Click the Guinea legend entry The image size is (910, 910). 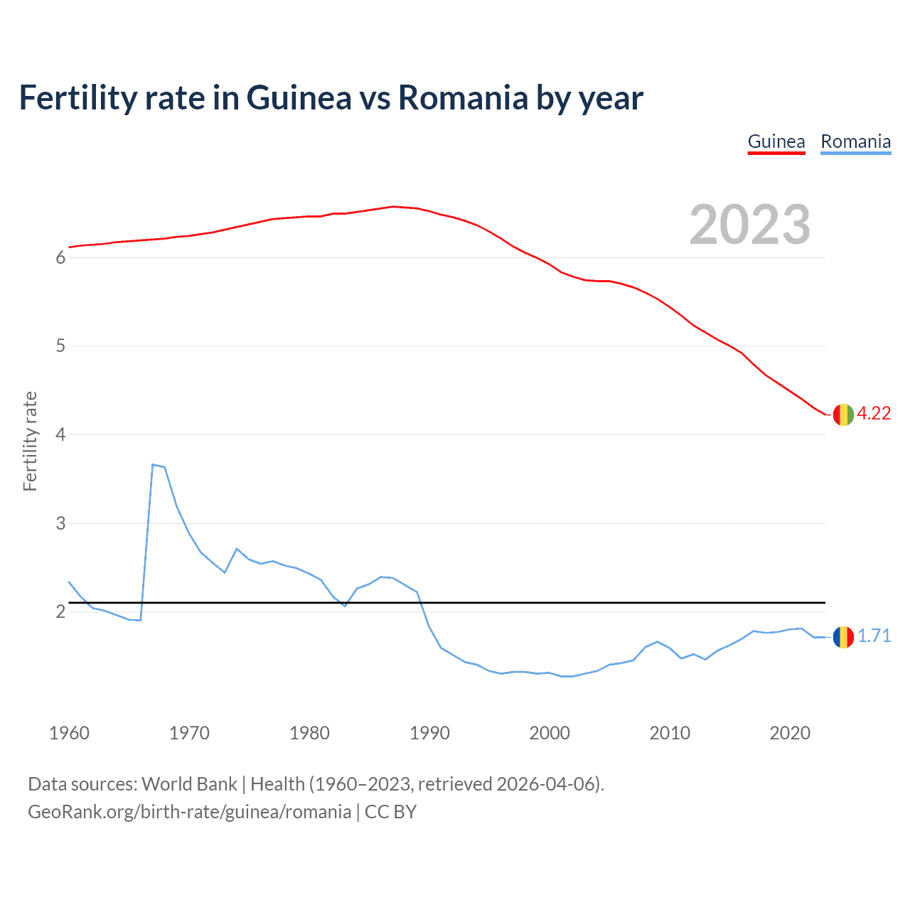776,142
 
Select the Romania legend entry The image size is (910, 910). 855,142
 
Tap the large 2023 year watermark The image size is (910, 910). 750,225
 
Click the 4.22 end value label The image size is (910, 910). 874,414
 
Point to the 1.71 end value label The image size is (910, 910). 874,636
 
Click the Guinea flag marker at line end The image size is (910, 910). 843,414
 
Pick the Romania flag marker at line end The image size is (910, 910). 843,637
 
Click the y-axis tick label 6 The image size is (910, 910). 60,258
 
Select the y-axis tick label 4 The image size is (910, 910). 60,434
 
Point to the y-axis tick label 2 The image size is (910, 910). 60,612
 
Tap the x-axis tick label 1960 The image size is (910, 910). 69,733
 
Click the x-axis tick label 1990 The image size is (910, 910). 429,733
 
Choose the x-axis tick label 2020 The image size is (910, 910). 790,733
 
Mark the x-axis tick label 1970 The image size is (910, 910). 189,733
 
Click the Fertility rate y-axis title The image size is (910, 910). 30,441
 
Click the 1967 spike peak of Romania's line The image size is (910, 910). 153,465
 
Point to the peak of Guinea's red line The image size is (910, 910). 393,207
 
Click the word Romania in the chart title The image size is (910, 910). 463,98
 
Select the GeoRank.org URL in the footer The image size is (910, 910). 189,812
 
